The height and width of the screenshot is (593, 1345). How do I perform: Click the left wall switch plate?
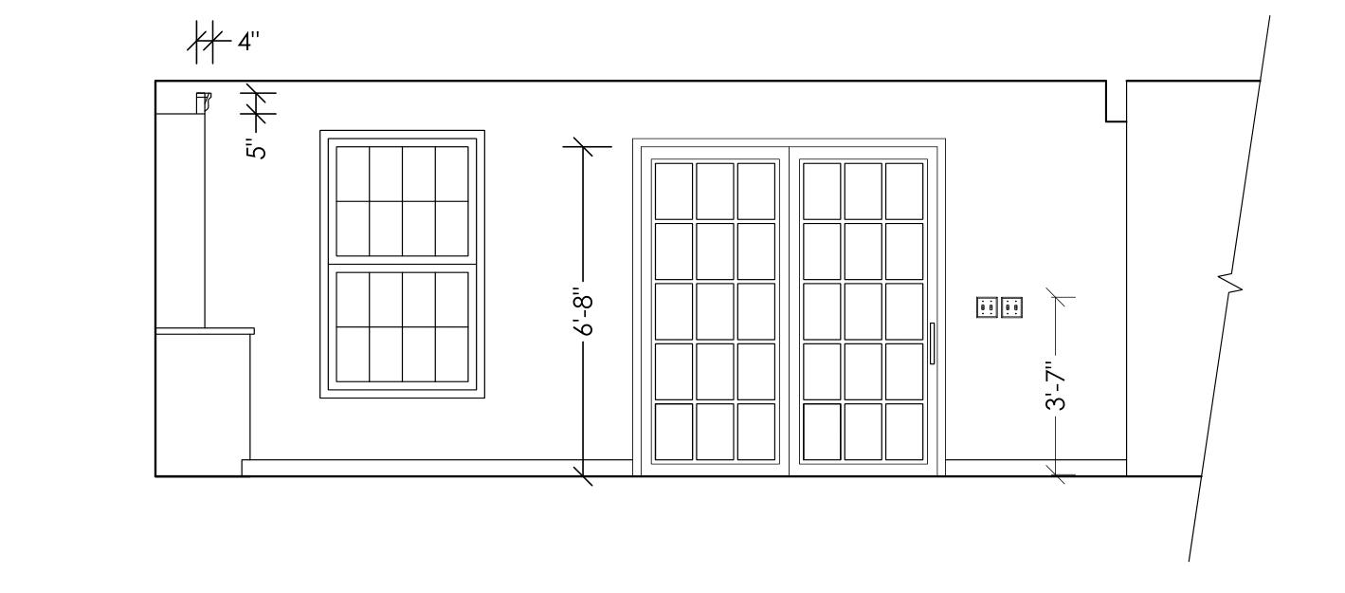[x=987, y=307]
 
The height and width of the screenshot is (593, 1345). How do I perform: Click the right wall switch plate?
[x=1011, y=307]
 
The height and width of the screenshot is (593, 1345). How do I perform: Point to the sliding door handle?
[x=932, y=343]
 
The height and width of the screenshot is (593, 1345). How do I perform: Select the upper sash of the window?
[x=402, y=201]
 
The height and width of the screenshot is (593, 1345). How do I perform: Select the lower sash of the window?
[x=402, y=326]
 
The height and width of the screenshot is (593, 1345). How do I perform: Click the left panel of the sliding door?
[x=716, y=311]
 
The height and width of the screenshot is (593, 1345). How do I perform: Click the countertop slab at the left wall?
[x=205, y=331]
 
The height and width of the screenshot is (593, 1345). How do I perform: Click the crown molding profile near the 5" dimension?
[x=203, y=101]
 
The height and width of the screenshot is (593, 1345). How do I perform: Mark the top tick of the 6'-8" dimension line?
[x=581, y=147]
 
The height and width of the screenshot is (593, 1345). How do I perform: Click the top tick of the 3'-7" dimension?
[x=1059, y=299]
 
